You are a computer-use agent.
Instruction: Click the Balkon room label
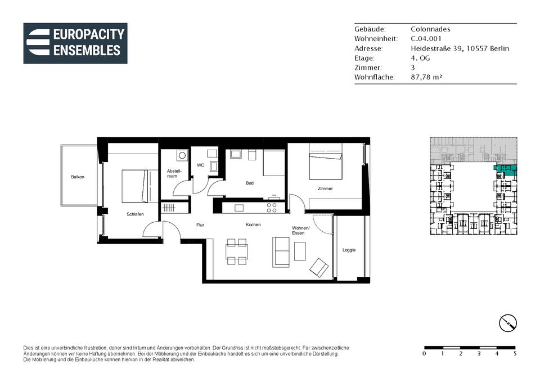[78, 177]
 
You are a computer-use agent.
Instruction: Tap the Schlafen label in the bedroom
[135, 214]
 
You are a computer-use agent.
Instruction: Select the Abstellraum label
[174, 174]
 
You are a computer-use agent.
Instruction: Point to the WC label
[200, 165]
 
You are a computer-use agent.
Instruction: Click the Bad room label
[250, 183]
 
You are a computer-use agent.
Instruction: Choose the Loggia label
[349, 250]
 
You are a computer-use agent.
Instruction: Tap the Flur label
[200, 225]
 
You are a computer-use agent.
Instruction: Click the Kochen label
[253, 224]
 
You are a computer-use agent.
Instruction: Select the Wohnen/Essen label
[300, 231]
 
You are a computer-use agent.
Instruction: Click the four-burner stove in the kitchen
[271, 208]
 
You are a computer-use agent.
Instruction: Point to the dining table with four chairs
[237, 252]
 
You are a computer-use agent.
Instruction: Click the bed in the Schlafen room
[135, 186]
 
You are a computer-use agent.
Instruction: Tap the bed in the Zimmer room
[326, 161]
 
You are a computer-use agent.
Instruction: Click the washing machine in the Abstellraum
[182, 155]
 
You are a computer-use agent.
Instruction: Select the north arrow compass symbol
[508, 323]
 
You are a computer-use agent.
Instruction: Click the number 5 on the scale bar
[515, 353]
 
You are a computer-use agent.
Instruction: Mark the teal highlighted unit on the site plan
[506, 169]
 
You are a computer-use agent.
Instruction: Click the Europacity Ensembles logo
[75, 43]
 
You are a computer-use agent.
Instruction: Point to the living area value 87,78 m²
[426, 77]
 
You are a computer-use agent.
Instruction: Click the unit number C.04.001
[426, 39]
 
